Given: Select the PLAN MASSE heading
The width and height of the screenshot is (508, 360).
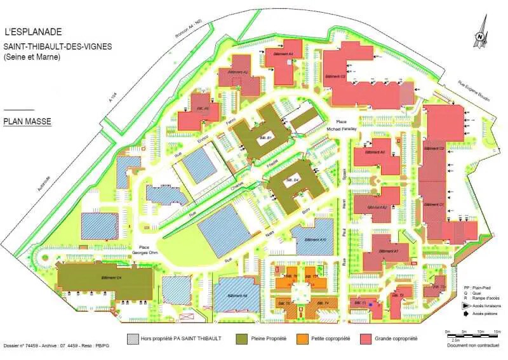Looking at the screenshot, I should tap(27, 121).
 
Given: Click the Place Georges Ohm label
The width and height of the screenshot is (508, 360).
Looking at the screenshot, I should tap(144, 250).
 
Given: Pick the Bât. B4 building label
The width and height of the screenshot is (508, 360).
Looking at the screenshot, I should tap(293, 180).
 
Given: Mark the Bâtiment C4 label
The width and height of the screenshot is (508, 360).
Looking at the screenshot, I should tap(111, 278).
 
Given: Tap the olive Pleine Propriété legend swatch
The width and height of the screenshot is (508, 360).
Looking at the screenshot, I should tap(241, 338).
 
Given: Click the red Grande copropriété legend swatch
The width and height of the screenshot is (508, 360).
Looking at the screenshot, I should tap(366, 338).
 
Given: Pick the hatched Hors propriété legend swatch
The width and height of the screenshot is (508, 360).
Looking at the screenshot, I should tap(133, 338).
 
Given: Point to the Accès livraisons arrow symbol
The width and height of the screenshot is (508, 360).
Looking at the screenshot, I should tap(468, 305).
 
